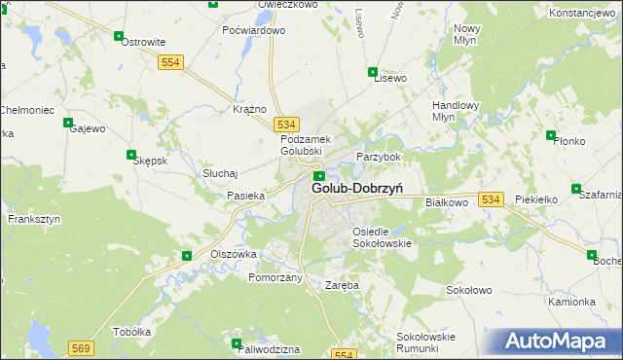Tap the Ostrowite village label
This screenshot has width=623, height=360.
pos(142,43)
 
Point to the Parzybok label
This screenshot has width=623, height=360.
pos(379,157)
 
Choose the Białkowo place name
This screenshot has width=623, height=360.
pos(447,202)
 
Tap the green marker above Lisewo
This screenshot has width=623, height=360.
pos(372,71)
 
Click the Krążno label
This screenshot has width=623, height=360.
pos(250,109)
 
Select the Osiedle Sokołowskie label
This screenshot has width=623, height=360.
pos(382,236)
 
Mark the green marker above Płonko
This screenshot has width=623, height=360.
pos(551,135)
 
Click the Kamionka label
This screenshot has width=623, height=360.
pos(571,302)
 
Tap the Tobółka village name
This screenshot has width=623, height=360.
pos(132,330)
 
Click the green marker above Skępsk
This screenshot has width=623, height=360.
pos(131,154)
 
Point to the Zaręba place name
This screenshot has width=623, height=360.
pos(342,286)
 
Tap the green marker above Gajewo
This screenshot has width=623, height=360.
pos(68,123)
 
